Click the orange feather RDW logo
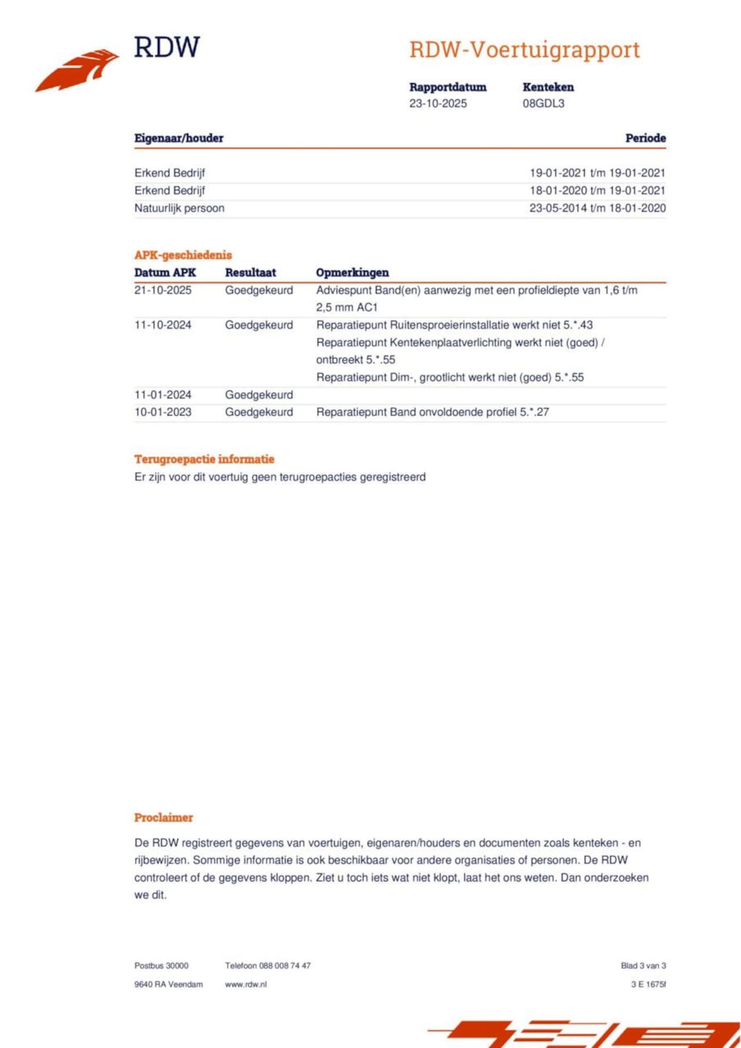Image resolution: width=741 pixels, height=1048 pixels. (x=77, y=70)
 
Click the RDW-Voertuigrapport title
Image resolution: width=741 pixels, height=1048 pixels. (x=524, y=50)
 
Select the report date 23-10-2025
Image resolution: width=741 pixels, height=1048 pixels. (x=438, y=104)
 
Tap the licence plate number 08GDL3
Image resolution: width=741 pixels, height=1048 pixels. (x=543, y=104)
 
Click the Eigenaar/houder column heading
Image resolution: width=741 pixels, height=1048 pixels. (x=178, y=138)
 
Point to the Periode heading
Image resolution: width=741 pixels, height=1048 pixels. (x=645, y=138)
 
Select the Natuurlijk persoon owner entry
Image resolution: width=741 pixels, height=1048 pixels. (x=179, y=208)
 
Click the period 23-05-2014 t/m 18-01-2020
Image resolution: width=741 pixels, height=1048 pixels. (x=597, y=208)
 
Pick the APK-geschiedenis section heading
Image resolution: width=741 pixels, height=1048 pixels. (x=183, y=255)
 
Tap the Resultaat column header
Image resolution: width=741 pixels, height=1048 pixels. (x=250, y=272)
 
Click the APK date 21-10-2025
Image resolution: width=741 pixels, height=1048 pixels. (x=163, y=290)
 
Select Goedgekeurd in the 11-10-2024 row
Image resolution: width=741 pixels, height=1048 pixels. (x=259, y=325)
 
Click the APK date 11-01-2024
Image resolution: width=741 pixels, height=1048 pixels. (x=163, y=395)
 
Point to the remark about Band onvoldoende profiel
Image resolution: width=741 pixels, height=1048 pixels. (x=432, y=412)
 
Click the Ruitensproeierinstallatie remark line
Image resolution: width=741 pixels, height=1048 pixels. (x=454, y=325)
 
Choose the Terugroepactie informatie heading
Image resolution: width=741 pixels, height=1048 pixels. (x=204, y=459)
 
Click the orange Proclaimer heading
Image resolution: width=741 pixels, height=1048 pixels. (x=163, y=818)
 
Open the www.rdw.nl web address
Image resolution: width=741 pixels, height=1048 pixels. (x=245, y=984)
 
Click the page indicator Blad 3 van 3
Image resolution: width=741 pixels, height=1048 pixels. (x=643, y=965)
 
